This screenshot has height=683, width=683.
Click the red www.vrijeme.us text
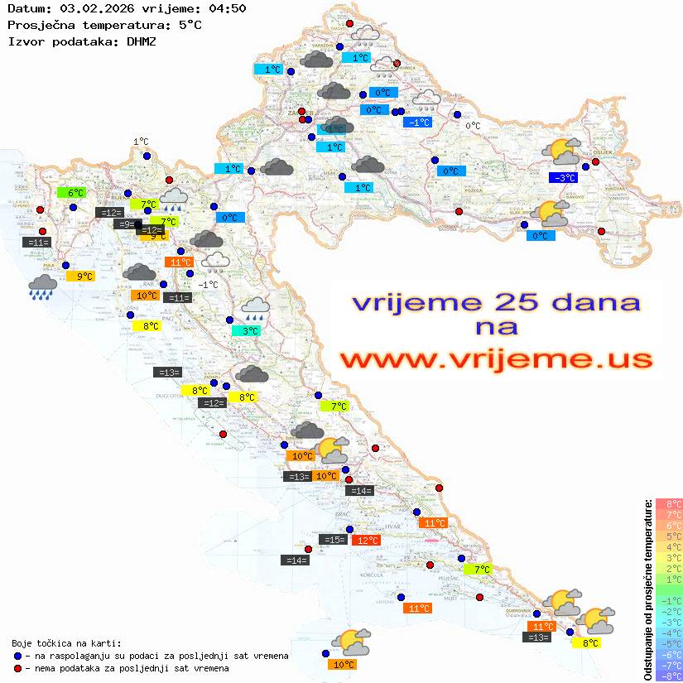(x=496, y=359)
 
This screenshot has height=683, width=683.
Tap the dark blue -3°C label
(x=563, y=178)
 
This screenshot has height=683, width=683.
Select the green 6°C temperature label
(x=72, y=193)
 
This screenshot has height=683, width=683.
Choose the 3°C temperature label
(x=246, y=331)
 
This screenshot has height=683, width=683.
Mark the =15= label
(x=333, y=540)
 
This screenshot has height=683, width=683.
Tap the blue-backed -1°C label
(x=417, y=123)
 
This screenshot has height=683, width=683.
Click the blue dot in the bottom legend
(x=17, y=656)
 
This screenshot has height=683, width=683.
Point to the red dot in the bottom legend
(x=17, y=667)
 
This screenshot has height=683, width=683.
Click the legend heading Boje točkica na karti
(x=65, y=643)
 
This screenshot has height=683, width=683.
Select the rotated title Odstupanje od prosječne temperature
(x=648, y=589)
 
